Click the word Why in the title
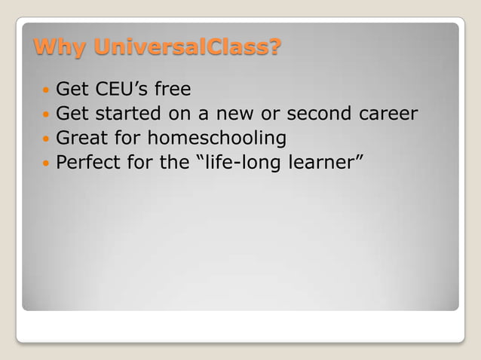[x=60, y=48]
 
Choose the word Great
[x=81, y=139]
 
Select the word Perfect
[x=90, y=163]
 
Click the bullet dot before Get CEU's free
[x=45, y=91]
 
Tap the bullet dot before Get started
[x=45, y=115]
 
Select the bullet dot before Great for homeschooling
[x=45, y=139]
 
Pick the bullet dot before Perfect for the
[x=45, y=163]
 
